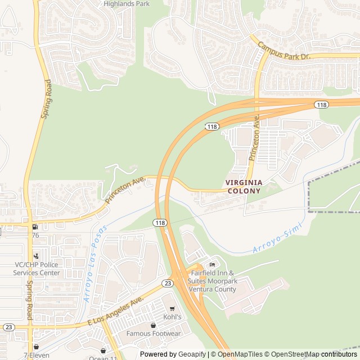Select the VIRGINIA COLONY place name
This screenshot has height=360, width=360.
point(244,187)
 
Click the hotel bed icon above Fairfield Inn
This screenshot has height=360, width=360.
point(212,265)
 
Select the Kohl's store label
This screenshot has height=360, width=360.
point(172,317)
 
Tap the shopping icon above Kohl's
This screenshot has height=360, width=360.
point(172,308)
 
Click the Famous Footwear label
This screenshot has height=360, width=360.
point(153,334)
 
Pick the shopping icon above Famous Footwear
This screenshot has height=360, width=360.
point(153,325)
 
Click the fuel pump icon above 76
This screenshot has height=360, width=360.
point(35,227)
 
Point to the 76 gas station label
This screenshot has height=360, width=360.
point(35,235)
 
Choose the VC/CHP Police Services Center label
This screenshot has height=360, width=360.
point(37,269)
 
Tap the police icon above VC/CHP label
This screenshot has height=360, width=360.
point(37,256)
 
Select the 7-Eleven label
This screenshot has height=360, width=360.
point(36,355)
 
